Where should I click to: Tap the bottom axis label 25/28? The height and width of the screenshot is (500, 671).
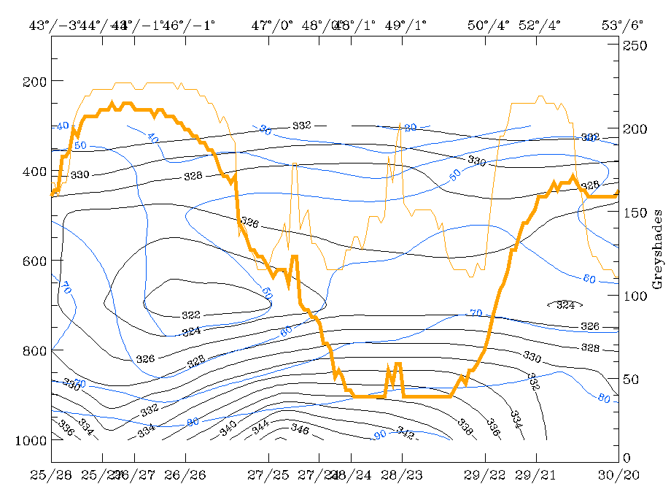pyautogui.click(x=51, y=475)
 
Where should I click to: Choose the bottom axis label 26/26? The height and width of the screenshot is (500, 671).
pyautogui.click(x=185, y=475)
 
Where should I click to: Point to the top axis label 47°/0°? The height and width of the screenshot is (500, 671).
pyautogui.click(x=272, y=26)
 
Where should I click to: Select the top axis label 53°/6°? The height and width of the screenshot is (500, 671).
pyautogui.click(x=622, y=26)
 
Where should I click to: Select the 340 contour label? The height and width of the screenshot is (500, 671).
pyautogui.click(x=228, y=424)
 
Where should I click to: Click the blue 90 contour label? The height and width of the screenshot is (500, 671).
pyautogui.click(x=380, y=435)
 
